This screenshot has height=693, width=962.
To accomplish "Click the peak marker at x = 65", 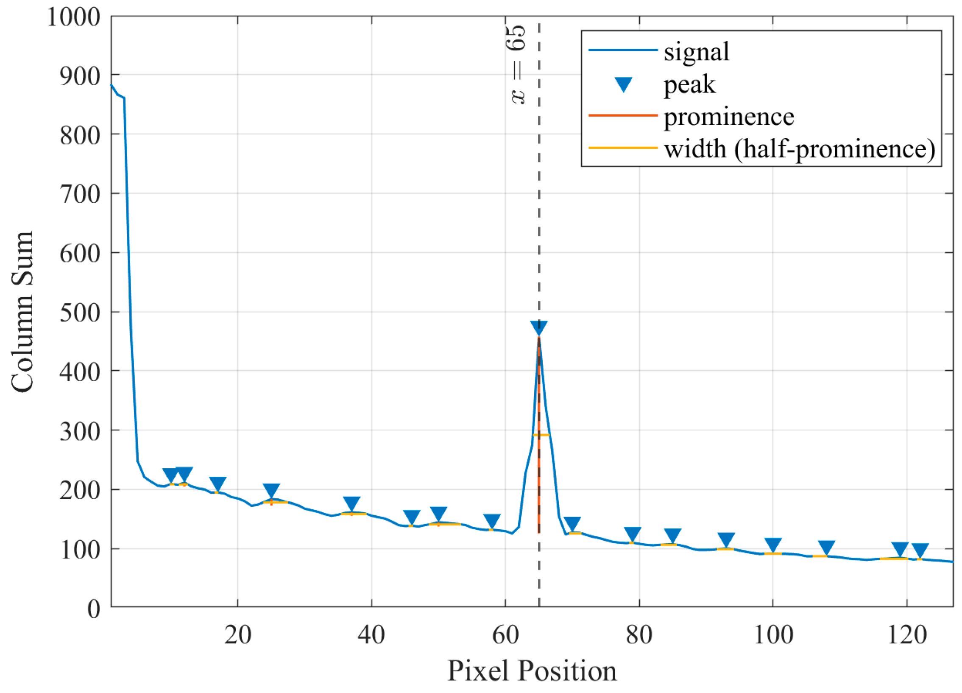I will point(539,327).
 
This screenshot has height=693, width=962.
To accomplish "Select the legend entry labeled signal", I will point(697,52).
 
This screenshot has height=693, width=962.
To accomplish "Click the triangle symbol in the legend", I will point(624,84).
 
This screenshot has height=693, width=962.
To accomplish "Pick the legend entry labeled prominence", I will point(729,117).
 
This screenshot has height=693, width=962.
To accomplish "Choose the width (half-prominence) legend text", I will point(800,149).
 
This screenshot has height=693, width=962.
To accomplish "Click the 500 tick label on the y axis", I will point(80,313).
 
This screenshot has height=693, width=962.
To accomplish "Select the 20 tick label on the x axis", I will point(237,635).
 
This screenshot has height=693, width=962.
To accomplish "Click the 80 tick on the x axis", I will point(639,635).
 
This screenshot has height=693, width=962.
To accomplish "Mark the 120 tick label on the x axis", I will point(906,635).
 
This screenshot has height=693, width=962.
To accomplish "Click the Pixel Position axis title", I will point(532,671).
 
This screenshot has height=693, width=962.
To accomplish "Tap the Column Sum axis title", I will point(22,312).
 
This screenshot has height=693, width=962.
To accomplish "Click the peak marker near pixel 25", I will point(271,490).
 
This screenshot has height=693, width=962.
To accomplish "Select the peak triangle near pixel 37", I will point(351,503).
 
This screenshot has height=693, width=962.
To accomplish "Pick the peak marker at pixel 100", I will point(773,545).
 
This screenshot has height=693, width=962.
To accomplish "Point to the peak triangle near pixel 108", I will point(826,547).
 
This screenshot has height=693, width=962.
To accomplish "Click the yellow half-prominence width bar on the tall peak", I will point(541,435).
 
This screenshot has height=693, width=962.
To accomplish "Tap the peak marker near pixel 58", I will point(492,521).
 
